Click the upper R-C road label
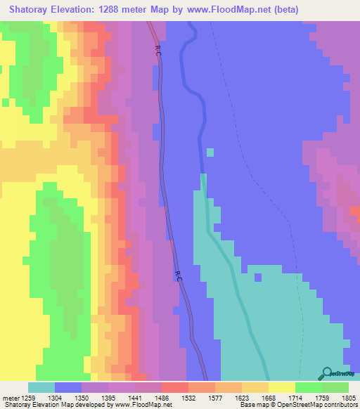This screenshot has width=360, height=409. coord(157,50)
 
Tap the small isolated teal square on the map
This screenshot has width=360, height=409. coord(210,152)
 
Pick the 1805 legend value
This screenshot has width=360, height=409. coord(349,397)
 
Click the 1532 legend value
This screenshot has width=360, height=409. coord(189,397)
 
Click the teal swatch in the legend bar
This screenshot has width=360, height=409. coord(41,387)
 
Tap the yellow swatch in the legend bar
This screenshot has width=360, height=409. coord(282,387)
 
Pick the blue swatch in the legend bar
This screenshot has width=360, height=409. coord(68,387)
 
